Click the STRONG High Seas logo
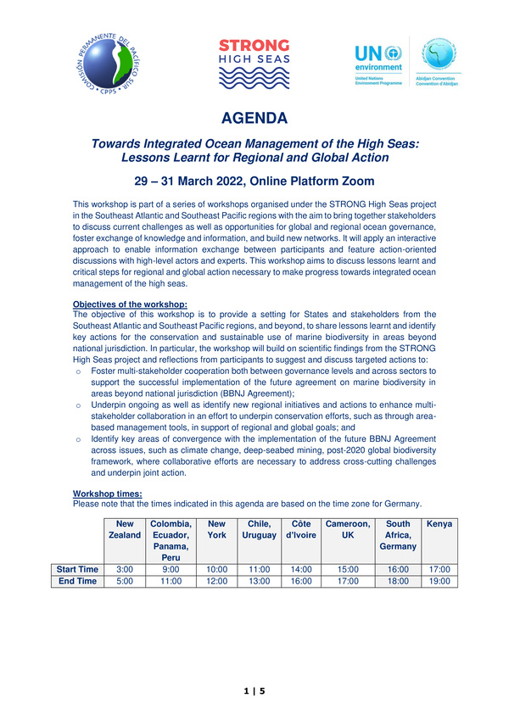coord(254,64)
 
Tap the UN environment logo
coord(378,64)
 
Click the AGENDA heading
coord(254,117)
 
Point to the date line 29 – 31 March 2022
coord(254,181)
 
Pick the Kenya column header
coord(439,524)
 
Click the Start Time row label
coord(78,569)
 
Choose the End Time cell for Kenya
coord(439,581)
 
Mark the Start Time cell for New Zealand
coord(125,569)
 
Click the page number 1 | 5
coord(254,692)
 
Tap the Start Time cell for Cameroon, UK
coord(348,569)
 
